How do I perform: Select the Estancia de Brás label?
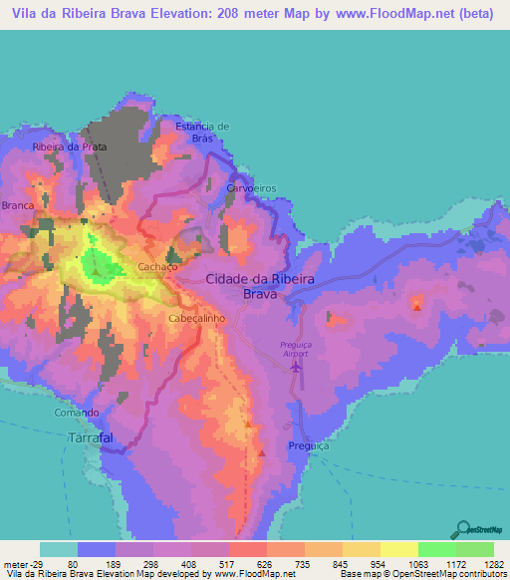[202, 133]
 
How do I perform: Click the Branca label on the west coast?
[18, 204]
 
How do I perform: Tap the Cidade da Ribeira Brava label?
[261, 287]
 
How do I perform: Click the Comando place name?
[77, 413]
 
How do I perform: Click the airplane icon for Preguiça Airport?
[295, 368]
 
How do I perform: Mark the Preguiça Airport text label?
[295, 349]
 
